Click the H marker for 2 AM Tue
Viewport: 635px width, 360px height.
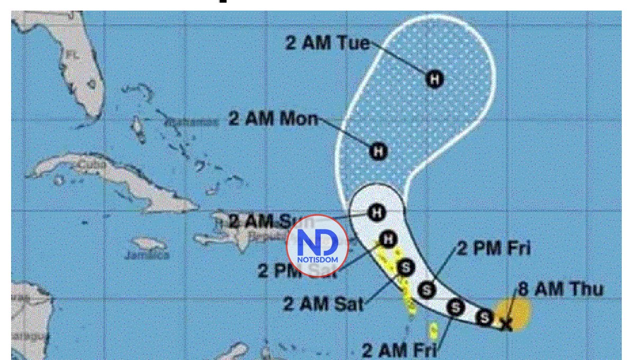click(434, 79)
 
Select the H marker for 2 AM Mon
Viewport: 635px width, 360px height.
click(378, 151)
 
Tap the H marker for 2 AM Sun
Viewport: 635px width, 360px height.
click(377, 213)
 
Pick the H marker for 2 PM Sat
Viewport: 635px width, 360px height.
click(389, 239)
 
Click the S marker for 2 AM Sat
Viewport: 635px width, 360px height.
click(406, 267)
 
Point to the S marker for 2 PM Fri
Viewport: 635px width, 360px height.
click(427, 290)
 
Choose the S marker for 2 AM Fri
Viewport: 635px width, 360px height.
click(455, 307)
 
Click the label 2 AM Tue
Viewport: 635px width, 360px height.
click(328, 43)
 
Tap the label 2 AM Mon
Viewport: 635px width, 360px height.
click(273, 119)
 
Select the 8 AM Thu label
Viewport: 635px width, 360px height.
click(561, 289)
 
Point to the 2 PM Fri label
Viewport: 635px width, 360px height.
click(493, 248)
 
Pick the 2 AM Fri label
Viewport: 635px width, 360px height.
click(400, 350)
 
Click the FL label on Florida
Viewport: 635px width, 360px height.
click(71, 55)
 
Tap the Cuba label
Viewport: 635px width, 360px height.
click(91, 165)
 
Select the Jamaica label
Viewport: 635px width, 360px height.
click(147, 255)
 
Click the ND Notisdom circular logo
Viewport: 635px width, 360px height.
click(317, 246)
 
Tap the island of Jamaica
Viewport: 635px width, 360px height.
click(149, 244)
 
